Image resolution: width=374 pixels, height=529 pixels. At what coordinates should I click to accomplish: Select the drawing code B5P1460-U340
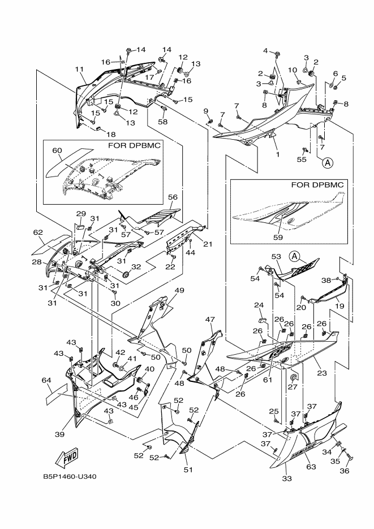tap(70, 476)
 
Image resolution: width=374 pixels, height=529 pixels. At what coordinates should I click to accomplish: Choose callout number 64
tap(46, 381)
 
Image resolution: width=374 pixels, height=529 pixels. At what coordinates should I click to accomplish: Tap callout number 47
tap(210, 320)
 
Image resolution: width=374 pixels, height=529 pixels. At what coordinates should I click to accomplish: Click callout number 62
tap(38, 233)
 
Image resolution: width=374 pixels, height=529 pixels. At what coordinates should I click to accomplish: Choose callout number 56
tap(173, 197)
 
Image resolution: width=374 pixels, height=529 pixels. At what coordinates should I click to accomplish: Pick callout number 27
tap(293, 388)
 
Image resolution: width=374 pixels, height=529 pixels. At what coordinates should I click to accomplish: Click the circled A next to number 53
tap(294, 256)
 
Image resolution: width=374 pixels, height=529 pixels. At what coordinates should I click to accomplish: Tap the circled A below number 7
tap(328, 163)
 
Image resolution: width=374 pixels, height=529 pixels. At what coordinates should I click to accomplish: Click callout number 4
tap(265, 51)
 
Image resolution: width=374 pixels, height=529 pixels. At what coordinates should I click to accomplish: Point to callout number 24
tap(259, 306)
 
